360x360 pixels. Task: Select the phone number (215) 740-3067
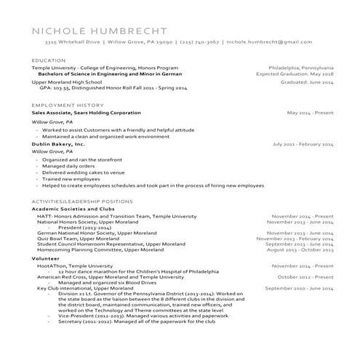click(199, 43)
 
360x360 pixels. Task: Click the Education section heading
click(44, 60)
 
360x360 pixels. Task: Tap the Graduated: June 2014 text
click(307, 82)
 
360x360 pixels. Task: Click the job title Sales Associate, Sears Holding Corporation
click(87, 113)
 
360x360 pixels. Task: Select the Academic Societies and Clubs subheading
click(73, 209)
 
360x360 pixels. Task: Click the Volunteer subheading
click(45, 258)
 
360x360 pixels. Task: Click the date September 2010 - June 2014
click(299, 288)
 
